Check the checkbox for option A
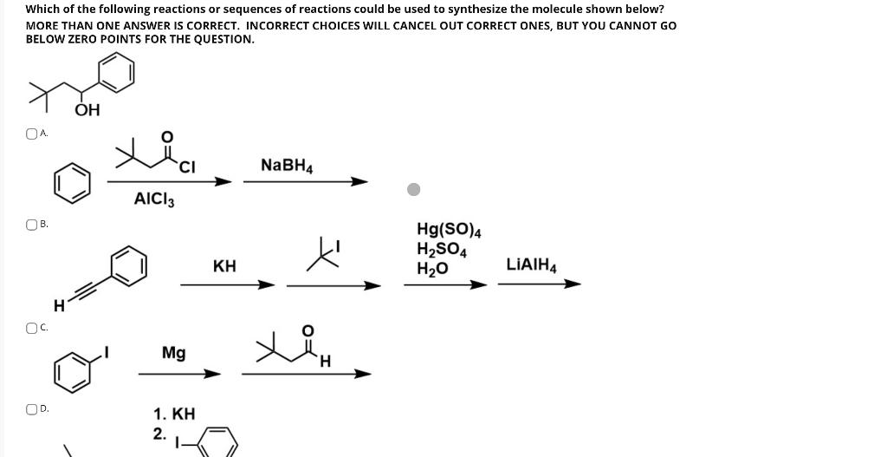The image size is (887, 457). (32, 134)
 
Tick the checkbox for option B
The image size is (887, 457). (32, 225)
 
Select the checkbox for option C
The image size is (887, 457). (32, 328)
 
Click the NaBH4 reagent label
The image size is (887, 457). (287, 165)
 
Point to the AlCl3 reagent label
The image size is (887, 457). (154, 200)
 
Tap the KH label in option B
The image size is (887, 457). (224, 265)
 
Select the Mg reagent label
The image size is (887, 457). (174, 353)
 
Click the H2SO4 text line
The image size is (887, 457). (442, 251)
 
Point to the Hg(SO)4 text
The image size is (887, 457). (449, 231)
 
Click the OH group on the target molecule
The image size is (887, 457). (87, 110)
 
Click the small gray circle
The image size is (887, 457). (415, 189)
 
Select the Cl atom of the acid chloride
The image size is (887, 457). (186, 167)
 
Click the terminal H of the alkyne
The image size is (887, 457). (58, 304)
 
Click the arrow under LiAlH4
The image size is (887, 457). (538, 284)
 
